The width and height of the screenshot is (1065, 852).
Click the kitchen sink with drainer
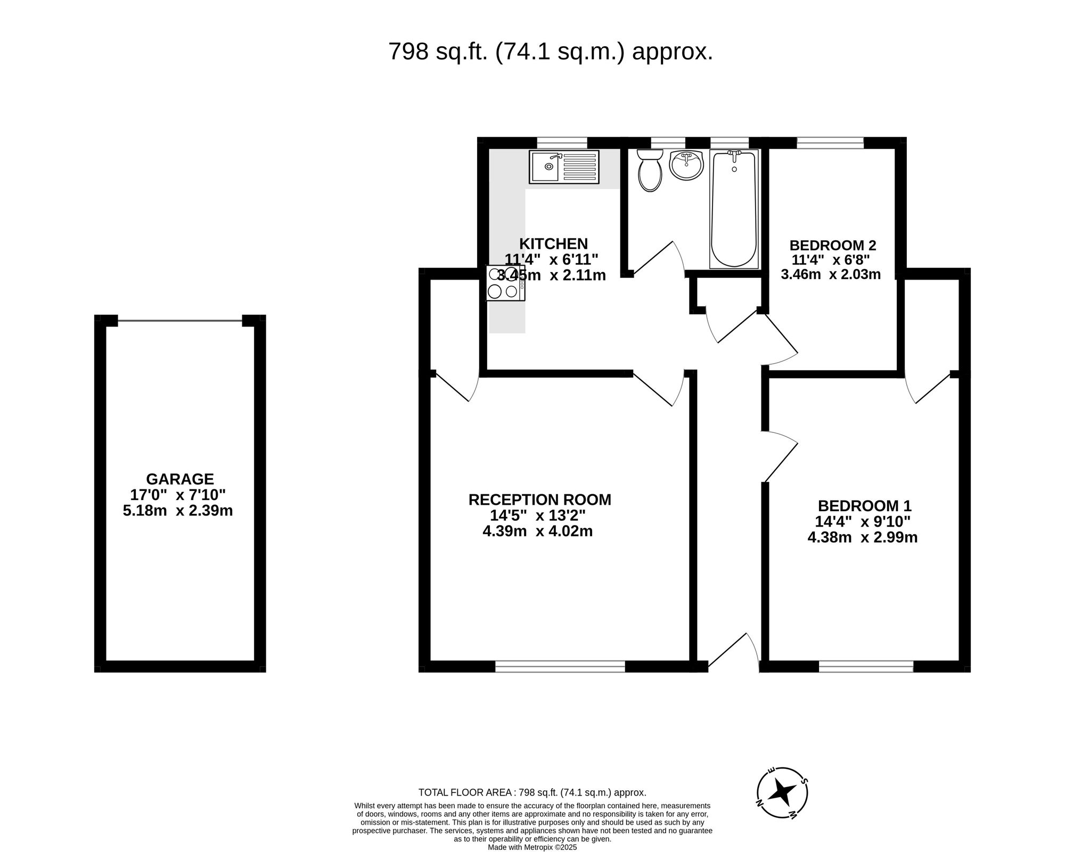(x=564, y=167)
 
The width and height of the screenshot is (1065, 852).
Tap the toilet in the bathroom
(x=650, y=169)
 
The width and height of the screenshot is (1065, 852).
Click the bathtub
(x=734, y=209)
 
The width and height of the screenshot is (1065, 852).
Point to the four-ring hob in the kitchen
(x=505, y=283)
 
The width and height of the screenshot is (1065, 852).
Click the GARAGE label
(x=180, y=479)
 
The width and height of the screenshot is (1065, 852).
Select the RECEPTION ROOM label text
(x=539, y=499)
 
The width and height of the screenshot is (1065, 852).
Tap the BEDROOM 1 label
(x=864, y=505)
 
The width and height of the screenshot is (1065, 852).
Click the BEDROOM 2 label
(x=832, y=245)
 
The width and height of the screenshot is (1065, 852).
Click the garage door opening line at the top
(x=179, y=321)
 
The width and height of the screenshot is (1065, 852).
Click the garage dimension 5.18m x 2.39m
(x=178, y=511)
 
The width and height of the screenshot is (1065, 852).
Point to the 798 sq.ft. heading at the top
(x=550, y=52)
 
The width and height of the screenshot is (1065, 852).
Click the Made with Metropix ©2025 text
(x=532, y=847)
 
